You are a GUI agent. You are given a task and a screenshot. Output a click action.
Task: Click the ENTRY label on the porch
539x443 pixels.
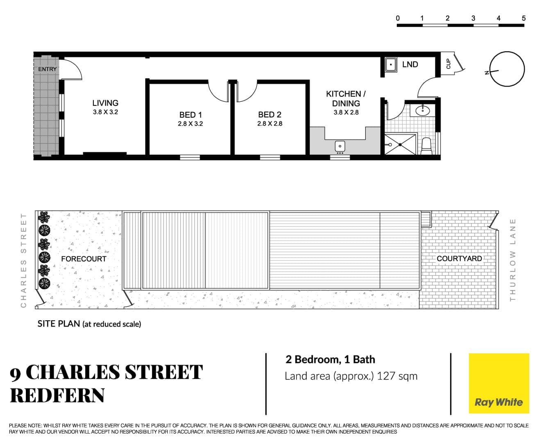(48, 69)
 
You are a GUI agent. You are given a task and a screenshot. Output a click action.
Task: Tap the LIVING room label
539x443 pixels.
(105, 103)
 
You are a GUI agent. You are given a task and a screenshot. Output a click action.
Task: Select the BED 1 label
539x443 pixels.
(191, 115)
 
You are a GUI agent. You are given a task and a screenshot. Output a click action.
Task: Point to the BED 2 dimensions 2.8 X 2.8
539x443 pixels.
(270, 124)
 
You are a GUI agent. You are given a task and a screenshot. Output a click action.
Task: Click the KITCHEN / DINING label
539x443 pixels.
(346, 98)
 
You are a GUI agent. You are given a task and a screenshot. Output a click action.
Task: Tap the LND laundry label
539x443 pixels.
(410, 64)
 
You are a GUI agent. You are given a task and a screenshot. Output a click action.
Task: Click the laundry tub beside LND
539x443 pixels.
(391, 64)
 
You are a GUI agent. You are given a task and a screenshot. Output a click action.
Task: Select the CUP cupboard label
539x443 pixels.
(448, 64)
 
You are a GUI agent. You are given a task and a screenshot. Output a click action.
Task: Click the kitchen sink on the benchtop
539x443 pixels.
(340, 146)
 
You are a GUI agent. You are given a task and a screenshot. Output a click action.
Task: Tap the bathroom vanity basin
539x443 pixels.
(423, 110)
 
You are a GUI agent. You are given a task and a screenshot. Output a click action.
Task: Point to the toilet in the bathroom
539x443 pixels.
(426, 146)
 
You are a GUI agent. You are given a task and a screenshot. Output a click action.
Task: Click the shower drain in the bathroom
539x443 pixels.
(400, 145)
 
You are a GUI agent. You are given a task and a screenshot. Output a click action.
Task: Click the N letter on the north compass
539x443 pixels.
(487, 73)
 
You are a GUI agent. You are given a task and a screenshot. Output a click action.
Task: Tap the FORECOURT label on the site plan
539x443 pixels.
(84, 259)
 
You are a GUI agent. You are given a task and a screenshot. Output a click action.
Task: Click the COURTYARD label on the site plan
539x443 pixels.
(459, 258)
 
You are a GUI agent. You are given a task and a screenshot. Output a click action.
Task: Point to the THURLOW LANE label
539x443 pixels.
(512, 260)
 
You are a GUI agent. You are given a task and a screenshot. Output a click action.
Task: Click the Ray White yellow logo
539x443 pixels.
(499, 384)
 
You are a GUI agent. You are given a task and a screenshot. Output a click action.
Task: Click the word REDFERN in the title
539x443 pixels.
(57, 395)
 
